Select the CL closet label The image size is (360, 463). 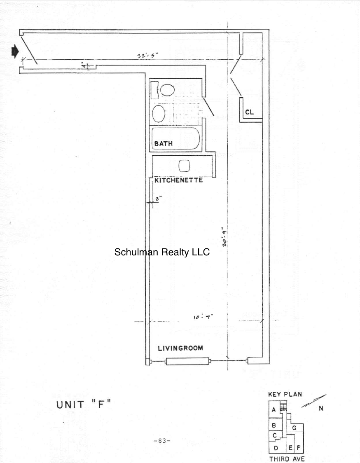point(249,112)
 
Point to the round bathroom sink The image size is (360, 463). point(159,112)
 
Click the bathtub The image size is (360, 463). point(176,140)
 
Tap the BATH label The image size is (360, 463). point(164,144)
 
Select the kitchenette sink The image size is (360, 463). point(184,165)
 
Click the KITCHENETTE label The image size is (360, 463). point(178,181)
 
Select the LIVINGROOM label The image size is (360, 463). point(180,348)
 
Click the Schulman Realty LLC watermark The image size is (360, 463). point(162,252)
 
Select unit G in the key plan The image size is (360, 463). point(294,428)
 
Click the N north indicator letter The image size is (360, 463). point(321,409)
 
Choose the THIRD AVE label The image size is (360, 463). point(287,458)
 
